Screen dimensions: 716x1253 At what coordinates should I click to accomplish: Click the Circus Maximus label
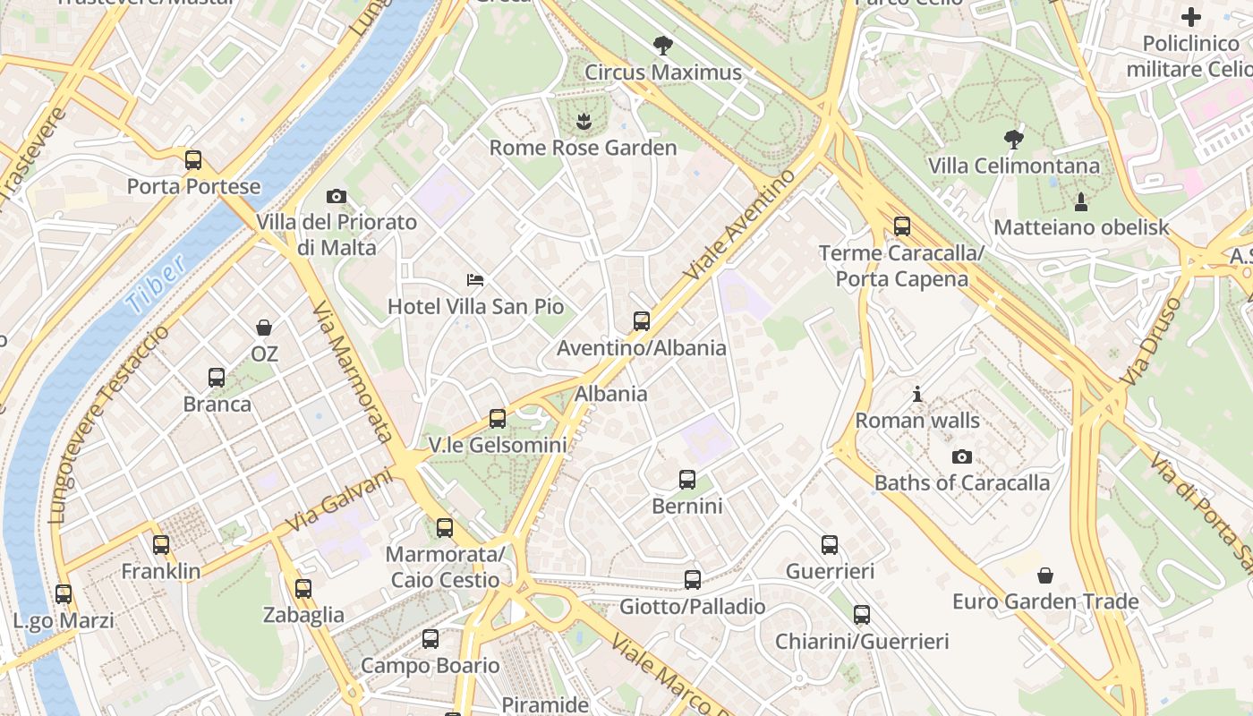663,72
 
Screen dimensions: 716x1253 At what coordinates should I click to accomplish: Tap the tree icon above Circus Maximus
663,45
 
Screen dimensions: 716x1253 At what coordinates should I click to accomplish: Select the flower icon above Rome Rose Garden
583,120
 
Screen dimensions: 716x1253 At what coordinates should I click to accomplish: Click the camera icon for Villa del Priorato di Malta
337,196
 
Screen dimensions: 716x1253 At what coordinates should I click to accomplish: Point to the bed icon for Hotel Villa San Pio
476,281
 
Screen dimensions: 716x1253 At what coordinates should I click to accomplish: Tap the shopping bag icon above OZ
264,328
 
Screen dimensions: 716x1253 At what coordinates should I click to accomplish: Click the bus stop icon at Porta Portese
193,160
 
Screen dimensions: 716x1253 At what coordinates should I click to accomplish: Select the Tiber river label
157,284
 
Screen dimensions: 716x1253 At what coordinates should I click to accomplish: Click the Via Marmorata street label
353,371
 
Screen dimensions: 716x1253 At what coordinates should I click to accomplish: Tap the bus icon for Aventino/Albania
642,320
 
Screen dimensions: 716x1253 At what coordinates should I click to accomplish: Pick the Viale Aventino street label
738,224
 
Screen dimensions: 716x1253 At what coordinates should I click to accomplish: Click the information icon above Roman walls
917,394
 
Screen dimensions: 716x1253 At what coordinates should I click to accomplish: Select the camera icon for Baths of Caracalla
962,456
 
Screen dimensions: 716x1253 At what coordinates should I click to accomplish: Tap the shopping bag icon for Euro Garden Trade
1045,575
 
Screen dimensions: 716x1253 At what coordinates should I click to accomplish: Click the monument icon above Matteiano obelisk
1081,201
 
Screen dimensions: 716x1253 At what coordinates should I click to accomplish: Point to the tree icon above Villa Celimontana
1014,139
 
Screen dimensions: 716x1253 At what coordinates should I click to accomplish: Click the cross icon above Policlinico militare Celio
1191,16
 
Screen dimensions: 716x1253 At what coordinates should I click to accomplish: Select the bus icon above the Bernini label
687,480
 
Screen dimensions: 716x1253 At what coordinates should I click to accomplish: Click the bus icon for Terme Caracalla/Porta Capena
902,226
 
